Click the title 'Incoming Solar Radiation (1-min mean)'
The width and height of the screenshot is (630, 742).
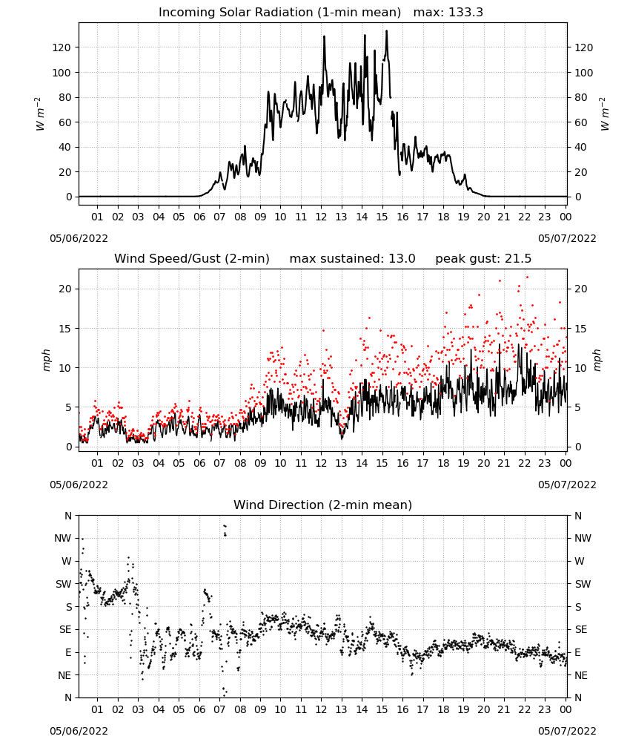tap(279, 13)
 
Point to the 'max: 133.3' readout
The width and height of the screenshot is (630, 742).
tap(448, 13)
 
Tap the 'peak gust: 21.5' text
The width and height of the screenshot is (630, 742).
tap(483, 259)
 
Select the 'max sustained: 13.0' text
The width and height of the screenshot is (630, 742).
tap(352, 259)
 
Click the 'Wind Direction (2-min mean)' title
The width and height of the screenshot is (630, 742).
tap(323, 505)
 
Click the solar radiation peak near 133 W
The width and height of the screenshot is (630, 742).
tap(387, 30)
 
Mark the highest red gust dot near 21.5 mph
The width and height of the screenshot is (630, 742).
tap(527, 278)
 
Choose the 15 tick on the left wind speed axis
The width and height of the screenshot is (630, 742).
tap(65, 329)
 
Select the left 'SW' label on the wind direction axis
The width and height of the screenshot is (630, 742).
tap(63, 584)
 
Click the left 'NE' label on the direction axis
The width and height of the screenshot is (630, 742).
tap(64, 675)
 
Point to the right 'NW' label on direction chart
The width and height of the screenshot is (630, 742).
tap(583, 539)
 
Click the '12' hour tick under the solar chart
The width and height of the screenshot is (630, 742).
tap(321, 217)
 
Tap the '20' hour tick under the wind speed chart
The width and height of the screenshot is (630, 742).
tap(483, 463)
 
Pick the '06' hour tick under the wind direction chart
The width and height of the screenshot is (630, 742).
tap(199, 710)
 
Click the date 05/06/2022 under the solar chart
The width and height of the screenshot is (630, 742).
tap(79, 238)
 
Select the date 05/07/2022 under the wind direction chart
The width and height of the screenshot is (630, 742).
tap(567, 731)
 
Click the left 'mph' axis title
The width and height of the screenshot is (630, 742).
tap(46, 360)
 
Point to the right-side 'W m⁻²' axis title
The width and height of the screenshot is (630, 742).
tap(605, 114)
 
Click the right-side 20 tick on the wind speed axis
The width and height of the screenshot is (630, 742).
tap(581, 289)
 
